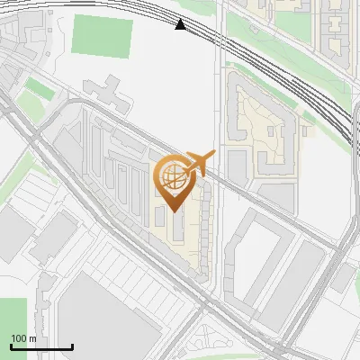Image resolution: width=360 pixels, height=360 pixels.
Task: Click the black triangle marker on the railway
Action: [x=181, y=24]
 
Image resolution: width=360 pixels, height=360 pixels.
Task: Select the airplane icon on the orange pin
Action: [x=199, y=162]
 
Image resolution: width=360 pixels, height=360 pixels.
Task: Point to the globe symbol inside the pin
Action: [x=174, y=174]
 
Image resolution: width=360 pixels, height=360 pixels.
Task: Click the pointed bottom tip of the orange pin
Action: [x=174, y=211]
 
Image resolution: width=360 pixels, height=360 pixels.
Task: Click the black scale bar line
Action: [x=41, y=347]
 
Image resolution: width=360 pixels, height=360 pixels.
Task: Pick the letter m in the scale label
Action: [x=32, y=338]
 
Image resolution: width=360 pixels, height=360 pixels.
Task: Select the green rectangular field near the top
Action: [x=102, y=35]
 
